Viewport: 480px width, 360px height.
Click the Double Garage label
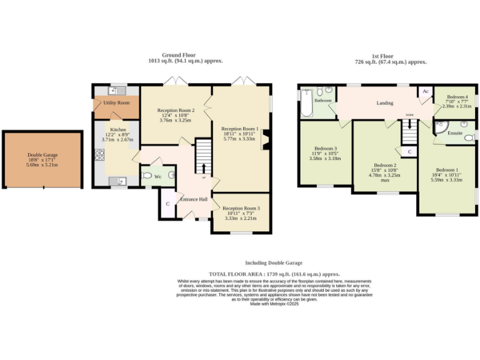[x=42, y=155]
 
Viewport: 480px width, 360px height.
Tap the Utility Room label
[x=116, y=102]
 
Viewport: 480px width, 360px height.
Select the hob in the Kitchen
[x=99, y=154]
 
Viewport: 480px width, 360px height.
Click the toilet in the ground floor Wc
[x=147, y=176]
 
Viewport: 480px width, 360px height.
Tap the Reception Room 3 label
[x=241, y=208]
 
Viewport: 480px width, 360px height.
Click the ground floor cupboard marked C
[x=167, y=204]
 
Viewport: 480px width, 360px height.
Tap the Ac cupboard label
[x=425, y=91]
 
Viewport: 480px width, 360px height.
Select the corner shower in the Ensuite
[x=442, y=128]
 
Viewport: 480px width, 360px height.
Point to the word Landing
[x=384, y=103]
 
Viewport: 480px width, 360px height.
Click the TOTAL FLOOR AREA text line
[x=274, y=274]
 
